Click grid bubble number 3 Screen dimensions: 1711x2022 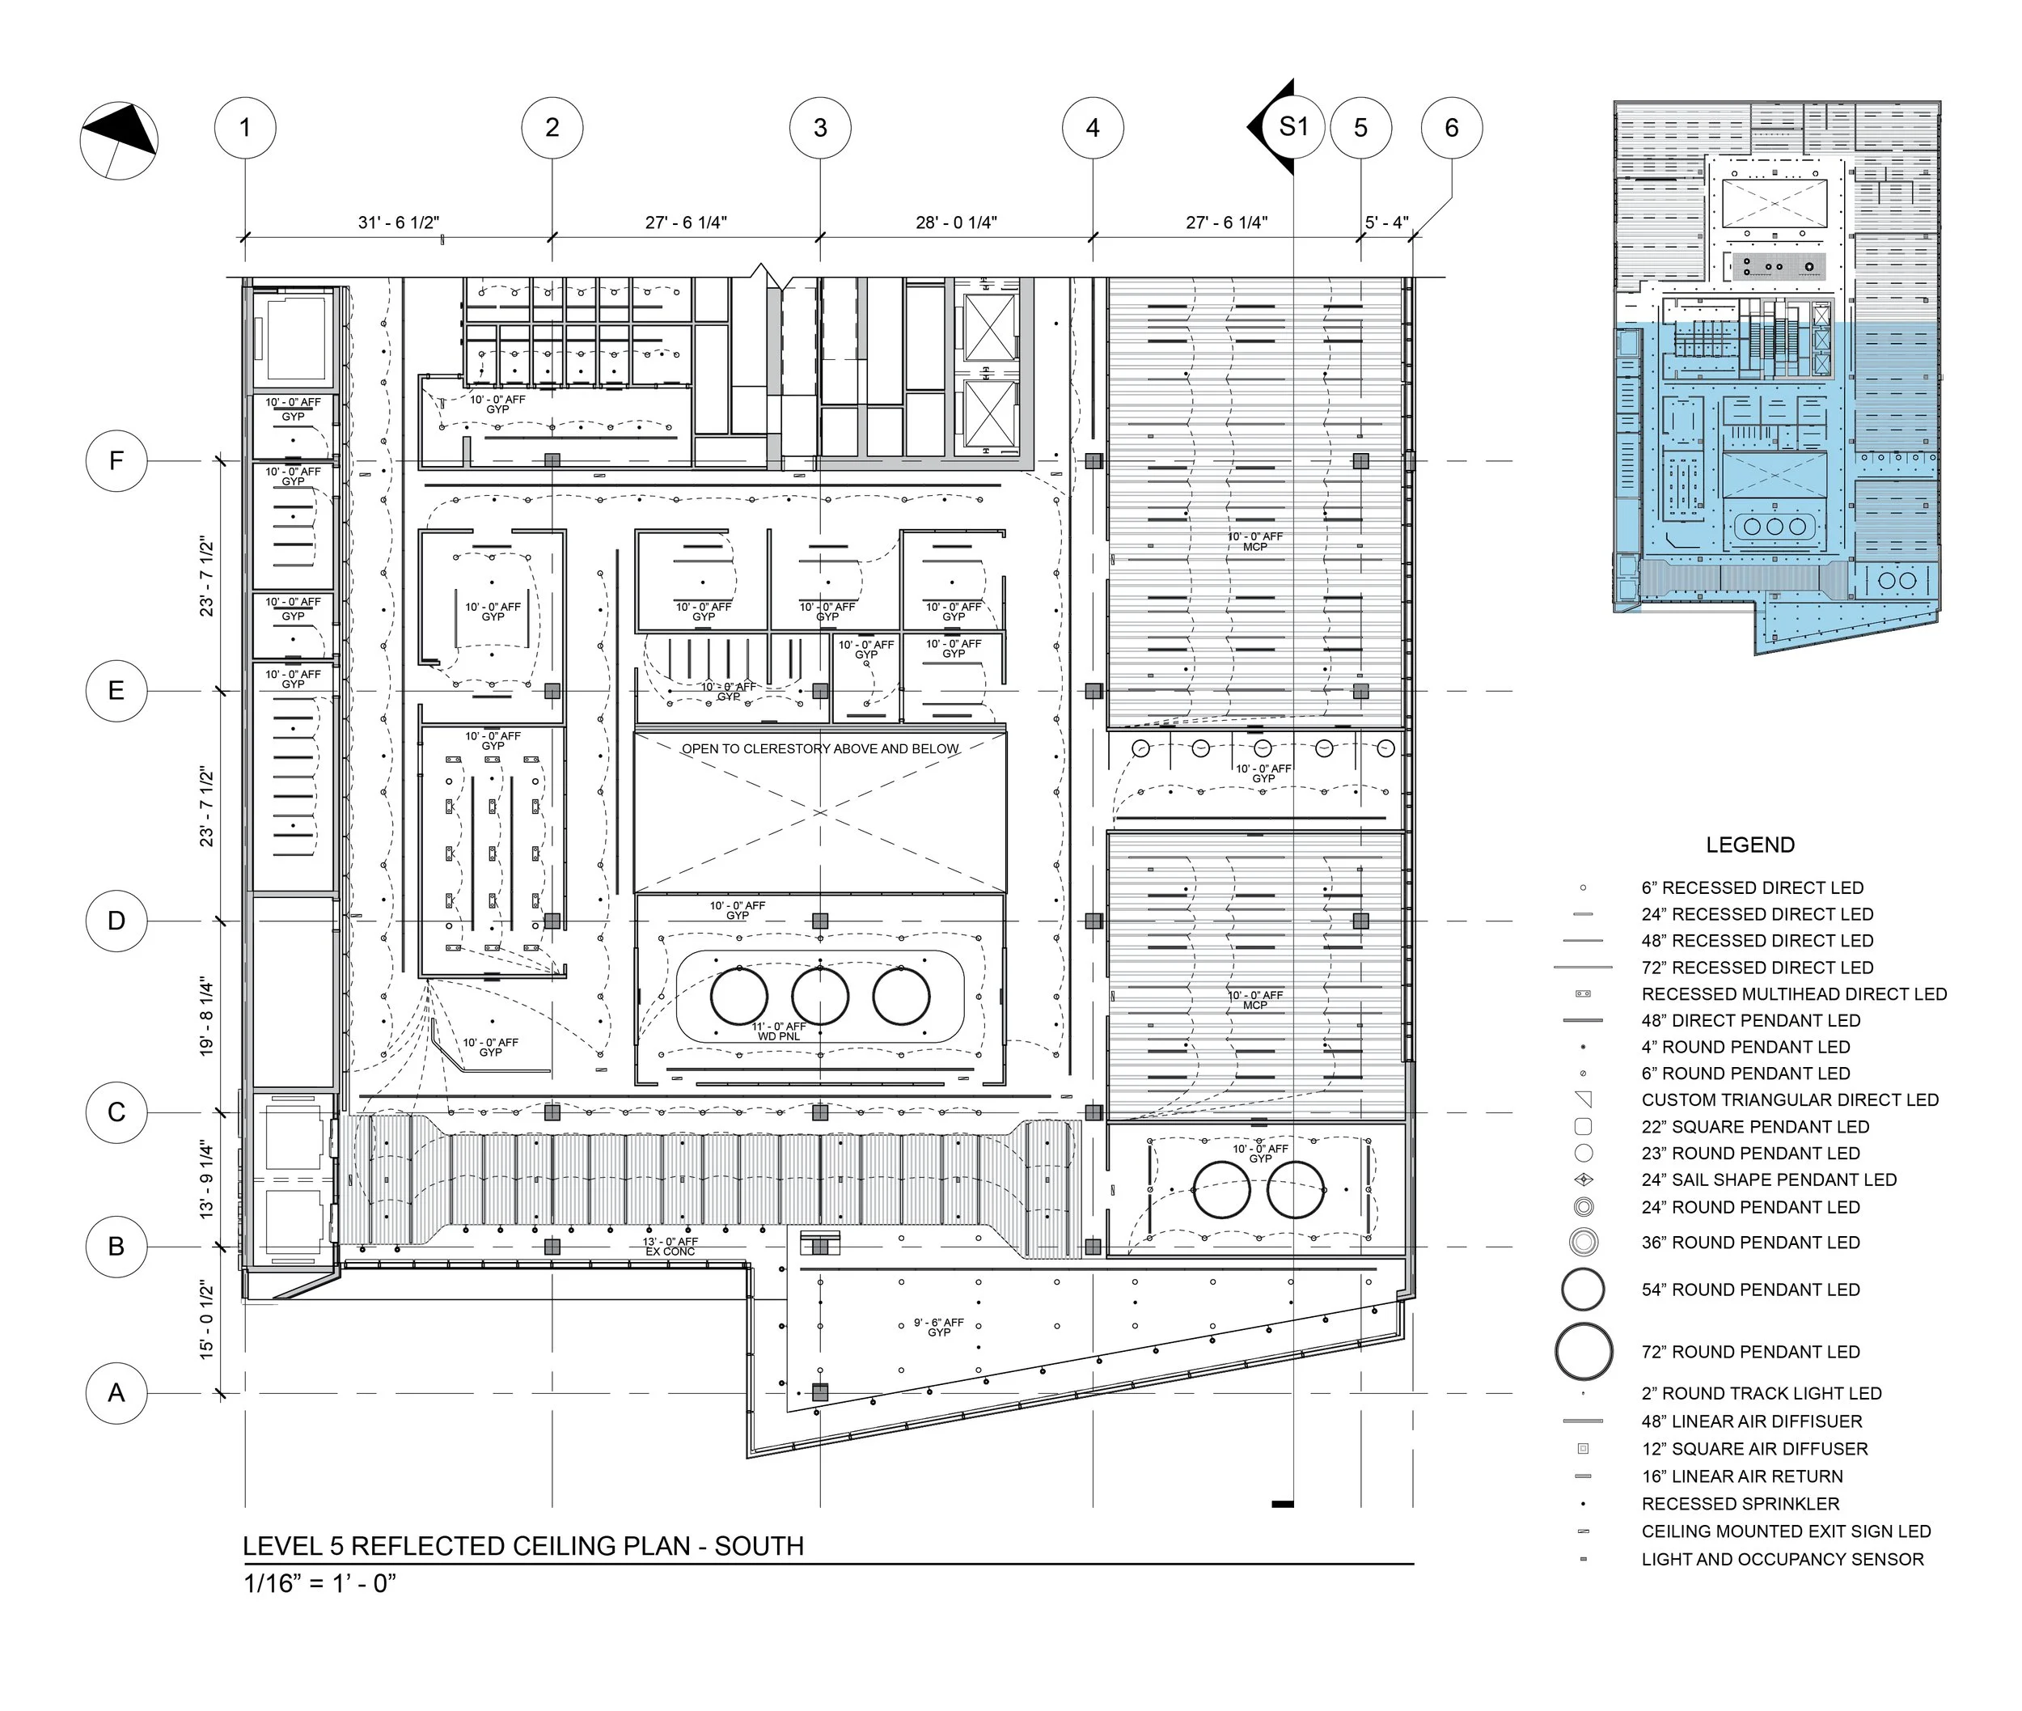(x=820, y=127)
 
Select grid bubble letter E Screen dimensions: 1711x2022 (x=116, y=691)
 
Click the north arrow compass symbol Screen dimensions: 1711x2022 (x=118, y=142)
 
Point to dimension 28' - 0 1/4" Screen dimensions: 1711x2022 (x=956, y=223)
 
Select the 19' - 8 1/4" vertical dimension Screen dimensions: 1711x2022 (x=206, y=1017)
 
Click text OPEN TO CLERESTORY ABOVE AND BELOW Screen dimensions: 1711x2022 (x=819, y=749)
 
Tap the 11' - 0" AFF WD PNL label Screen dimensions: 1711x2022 (x=779, y=1031)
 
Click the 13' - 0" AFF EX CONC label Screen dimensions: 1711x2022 (x=670, y=1247)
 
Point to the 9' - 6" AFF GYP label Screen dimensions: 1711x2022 (x=939, y=1327)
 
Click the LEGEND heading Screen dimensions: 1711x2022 (x=1749, y=845)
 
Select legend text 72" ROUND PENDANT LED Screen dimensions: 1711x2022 (x=1749, y=1352)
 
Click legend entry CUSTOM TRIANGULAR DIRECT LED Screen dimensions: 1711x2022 (x=1789, y=1100)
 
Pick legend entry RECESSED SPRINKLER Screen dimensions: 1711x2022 (x=1740, y=1503)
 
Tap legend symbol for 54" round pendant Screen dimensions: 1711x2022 (x=1583, y=1290)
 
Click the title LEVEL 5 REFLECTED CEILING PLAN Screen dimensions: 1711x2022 (x=522, y=1546)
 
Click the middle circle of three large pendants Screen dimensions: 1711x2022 (x=819, y=995)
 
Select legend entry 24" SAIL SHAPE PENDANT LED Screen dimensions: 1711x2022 (x=1768, y=1179)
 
